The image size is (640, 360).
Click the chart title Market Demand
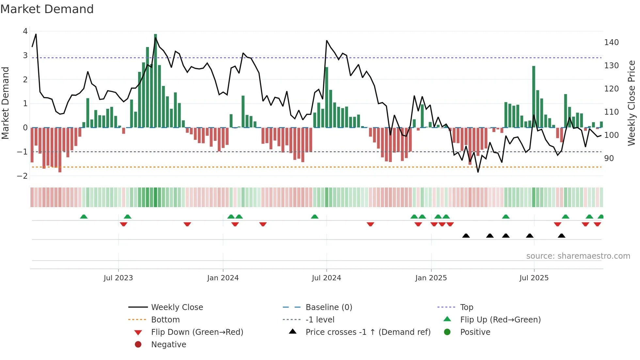coord(47,9)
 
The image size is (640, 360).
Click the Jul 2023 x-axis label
coord(118,278)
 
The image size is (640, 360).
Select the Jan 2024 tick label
coord(223,278)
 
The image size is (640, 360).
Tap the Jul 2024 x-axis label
coord(326,278)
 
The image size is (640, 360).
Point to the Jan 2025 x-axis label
coord(431,278)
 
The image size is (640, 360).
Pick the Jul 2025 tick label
coord(534,278)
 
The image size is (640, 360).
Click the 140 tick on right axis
coord(611,42)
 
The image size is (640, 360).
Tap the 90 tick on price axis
coord(609,158)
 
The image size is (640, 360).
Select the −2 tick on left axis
coord(22,176)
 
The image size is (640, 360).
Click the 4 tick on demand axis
coord(25,31)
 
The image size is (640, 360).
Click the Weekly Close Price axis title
coord(632,103)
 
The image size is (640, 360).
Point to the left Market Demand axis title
coord(5,103)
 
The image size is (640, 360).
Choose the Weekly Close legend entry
coord(177,307)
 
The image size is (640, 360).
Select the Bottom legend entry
coord(165,320)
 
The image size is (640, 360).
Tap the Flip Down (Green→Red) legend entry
coord(197,332)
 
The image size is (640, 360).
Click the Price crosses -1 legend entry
coord(368,332)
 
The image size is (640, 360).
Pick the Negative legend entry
coord(168,345)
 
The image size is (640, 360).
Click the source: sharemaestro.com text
coord(578,256)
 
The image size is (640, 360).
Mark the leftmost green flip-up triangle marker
coord(84,217)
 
